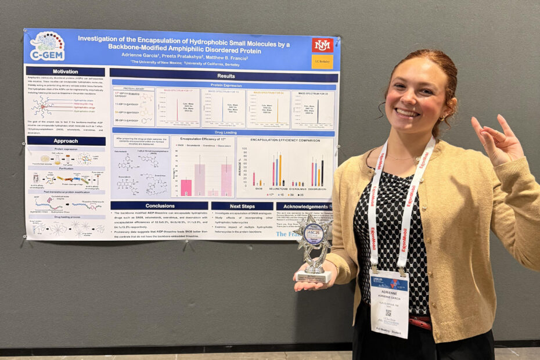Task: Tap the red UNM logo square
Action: click(322, 45)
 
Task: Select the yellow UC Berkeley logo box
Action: click(322, 62)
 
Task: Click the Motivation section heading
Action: click(65, 71)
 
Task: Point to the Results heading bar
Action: click(225, 75)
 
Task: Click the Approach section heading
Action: click(65, 141)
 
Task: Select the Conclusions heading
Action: click(160, 206)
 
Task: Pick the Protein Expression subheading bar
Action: click(225, 85)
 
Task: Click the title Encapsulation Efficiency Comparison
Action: click(285, 140)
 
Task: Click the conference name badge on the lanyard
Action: click(389, 302)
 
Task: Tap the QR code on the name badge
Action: click(388, 312)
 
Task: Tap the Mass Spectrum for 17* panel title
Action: click(178, 91)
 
